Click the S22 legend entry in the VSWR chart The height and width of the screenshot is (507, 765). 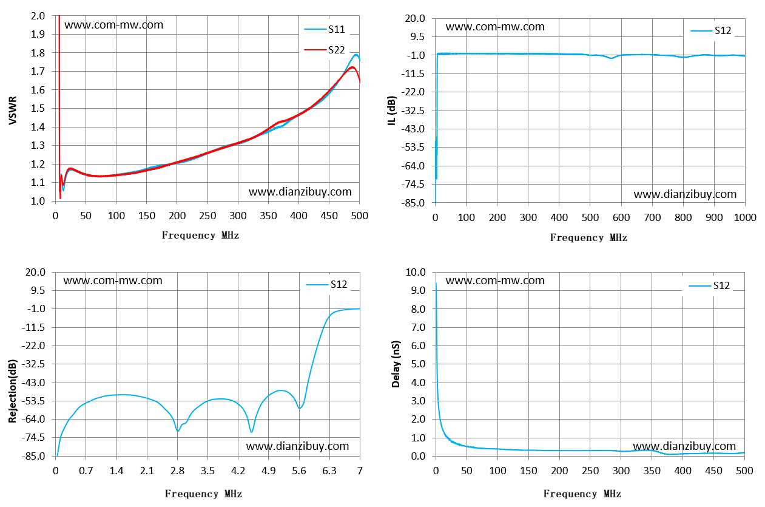[x=325, y=50]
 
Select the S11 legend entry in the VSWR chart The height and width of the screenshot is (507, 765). [x=325, y=29]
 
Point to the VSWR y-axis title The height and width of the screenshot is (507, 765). [x=12, y=111]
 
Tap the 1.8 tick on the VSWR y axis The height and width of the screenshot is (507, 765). [x=38, y=53]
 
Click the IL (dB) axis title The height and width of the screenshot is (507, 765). [x=392, y=111]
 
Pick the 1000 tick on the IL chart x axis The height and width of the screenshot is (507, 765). [x=745, y=217]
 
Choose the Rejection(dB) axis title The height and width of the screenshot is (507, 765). [x=12, y=391]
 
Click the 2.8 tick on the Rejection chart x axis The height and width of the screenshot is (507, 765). [x=177, y=471]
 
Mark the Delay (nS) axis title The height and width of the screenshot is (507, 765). [x=396, y=364]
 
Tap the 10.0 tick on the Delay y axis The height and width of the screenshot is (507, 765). [x=416, y=272]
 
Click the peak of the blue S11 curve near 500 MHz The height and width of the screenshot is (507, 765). [x=356, y=55]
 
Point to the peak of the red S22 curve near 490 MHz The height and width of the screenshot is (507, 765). [x=352, y=67]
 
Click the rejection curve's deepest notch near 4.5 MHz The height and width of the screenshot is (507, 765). [x=252, y=432]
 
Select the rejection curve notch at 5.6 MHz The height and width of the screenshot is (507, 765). [x=300, y=408]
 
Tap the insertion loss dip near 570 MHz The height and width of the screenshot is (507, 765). [x=612, y=58]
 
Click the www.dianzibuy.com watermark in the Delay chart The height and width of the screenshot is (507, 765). [x=684, y=446]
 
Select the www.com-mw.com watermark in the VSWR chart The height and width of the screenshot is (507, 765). [x=113, y=25]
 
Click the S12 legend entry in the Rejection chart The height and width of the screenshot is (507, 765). [x=326, y=284]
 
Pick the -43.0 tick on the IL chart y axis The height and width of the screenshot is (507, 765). [x=413, y=129]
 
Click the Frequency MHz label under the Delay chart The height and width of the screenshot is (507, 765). [x=582, y=494]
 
